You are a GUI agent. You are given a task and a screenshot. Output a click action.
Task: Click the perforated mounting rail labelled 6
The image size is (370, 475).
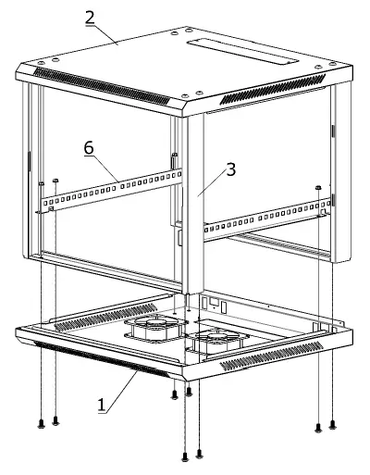coord(111,190)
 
